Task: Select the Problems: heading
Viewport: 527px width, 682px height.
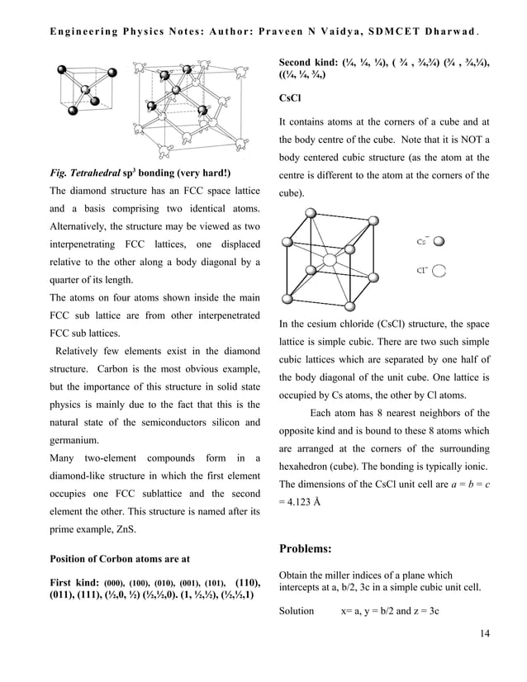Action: pos(310,548)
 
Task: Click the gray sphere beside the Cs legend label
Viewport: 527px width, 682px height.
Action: pos(439,242)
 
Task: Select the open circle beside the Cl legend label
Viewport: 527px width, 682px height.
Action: pos(440,270)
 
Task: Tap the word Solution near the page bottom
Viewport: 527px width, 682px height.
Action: pos(297,611)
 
